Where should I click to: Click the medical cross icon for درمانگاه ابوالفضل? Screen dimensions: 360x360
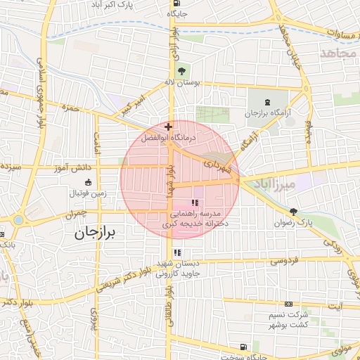coord(167,127)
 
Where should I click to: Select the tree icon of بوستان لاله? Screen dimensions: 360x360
coord(182,71)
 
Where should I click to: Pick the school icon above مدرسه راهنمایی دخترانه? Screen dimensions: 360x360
coord(194,202)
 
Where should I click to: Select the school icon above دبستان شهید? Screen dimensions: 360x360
coord(177,252)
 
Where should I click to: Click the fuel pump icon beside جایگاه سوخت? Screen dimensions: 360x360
coord(243,347)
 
